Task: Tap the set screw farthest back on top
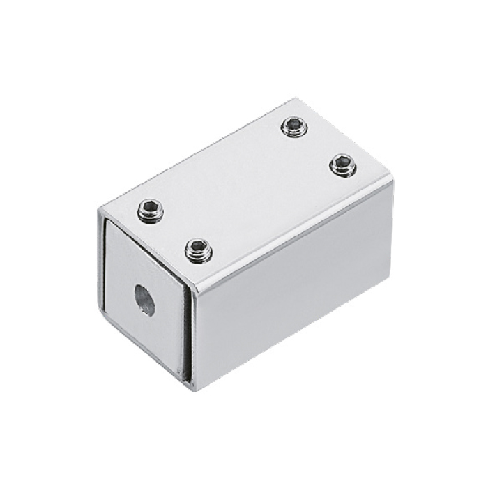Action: click(294, 126)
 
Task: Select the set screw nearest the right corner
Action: click(342, 165)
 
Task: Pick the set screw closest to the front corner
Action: click(198, 250)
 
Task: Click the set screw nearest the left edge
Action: click(151, 210)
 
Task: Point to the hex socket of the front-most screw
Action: click(198, 249)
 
